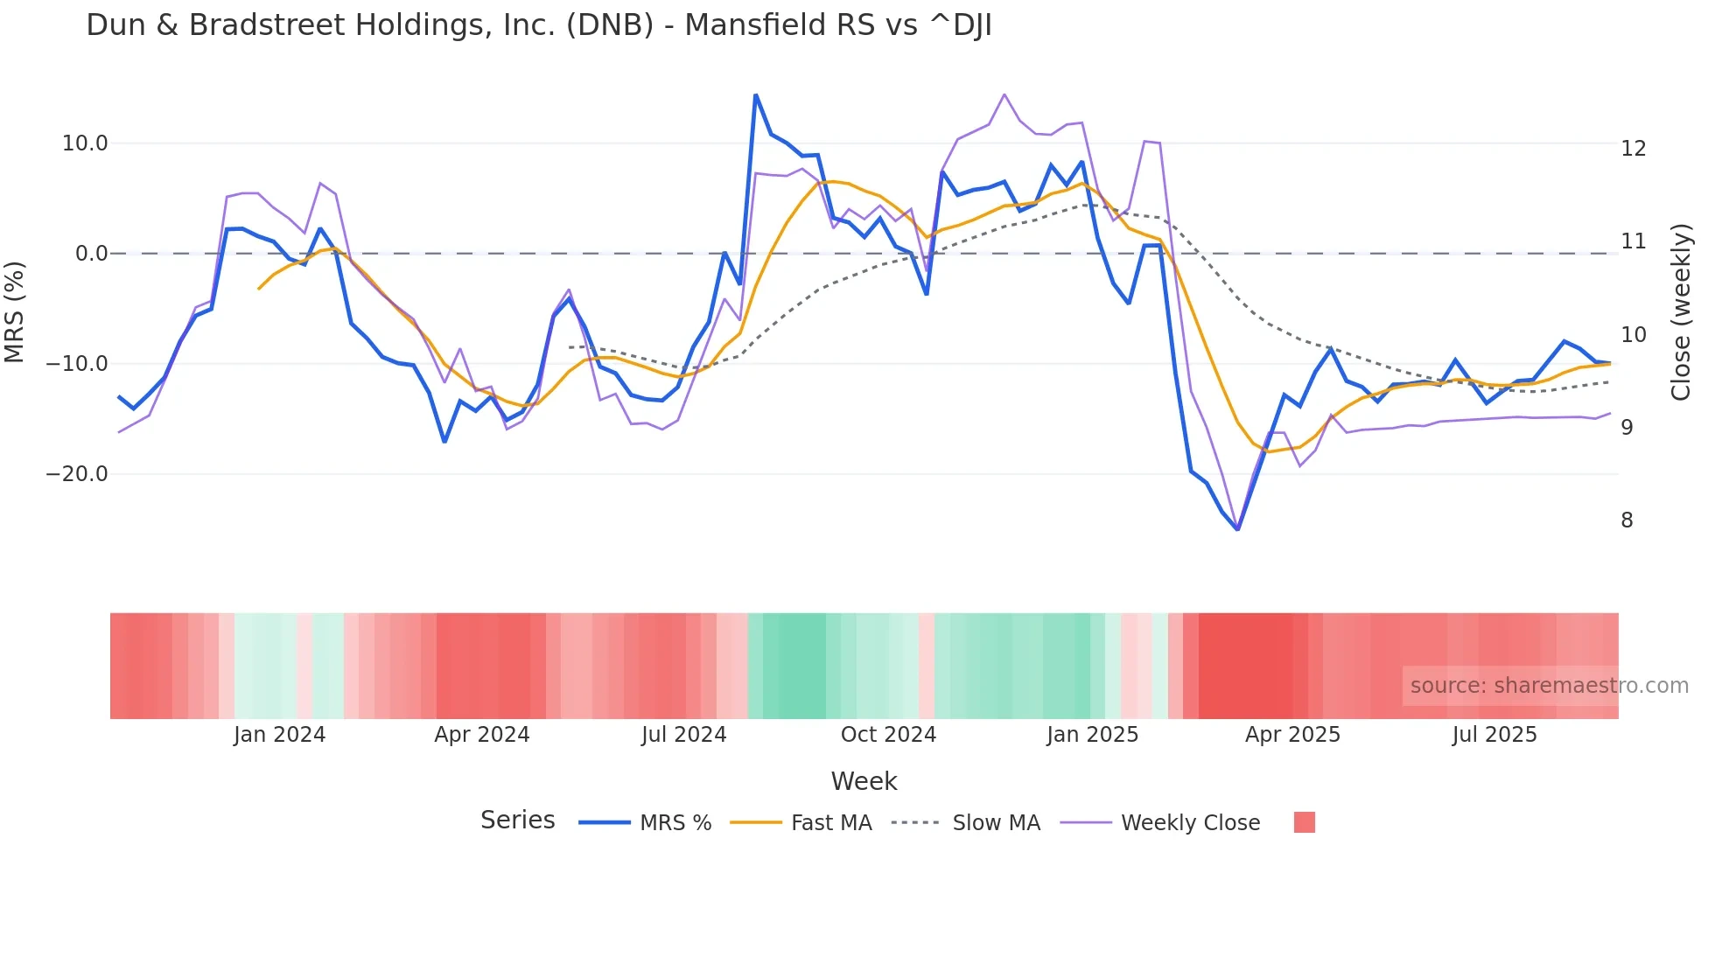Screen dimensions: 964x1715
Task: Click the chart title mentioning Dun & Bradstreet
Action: (539, 25)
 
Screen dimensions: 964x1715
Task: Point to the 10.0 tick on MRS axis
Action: (85, 143)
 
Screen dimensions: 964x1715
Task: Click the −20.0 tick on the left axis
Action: (77, 474)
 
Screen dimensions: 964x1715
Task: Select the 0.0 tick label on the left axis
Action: (91, 254)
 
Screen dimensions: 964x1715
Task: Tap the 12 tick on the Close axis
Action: (1633, 149)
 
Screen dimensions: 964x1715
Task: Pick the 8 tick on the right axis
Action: (1627, 520)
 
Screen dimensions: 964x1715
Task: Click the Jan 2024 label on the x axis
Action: (279, 735)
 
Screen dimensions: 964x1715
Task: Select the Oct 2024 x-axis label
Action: (888, 735)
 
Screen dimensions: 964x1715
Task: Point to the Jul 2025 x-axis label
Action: (1494, 735)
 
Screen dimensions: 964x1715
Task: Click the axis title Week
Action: (864, 781)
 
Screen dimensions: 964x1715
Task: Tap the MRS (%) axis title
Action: (15, 311)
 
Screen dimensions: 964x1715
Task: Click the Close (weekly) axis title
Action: (1681, 311)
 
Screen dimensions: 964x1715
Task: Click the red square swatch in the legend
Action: (1304, 822)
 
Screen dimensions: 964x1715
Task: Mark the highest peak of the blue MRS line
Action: (755, 95)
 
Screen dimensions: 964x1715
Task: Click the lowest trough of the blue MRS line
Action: (1237, 529)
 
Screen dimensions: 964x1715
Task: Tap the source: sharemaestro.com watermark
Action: (1549, 686)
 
